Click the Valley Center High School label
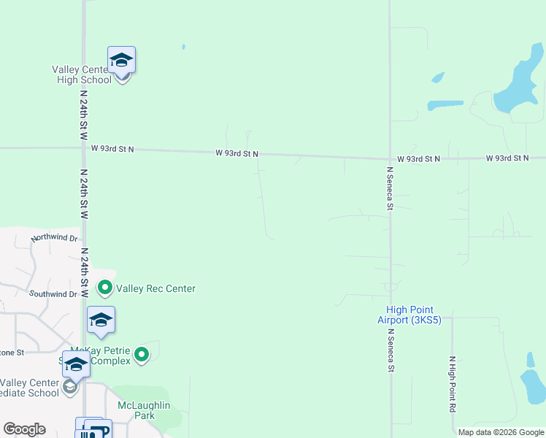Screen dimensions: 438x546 [x=81, y=74]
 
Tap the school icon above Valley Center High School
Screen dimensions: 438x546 [x=122, y=59]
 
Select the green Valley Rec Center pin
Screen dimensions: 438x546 [x=105, y=288]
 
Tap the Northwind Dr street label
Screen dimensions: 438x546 [x=54, y=238]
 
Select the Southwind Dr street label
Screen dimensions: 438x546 [x=53, y=293]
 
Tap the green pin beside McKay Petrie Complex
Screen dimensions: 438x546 [x=142, y=355]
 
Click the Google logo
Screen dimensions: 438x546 [x=24, y=429]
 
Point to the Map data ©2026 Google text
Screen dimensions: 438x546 [x=501, y=432]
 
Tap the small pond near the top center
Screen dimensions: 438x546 [x=183, y=47]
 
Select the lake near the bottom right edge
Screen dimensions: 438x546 [x=534, y=383]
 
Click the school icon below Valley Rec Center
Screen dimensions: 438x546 [x=101, y=320]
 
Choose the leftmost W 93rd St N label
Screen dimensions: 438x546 [x=112, y=148]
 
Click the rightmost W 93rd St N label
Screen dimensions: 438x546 [x=507, y=158]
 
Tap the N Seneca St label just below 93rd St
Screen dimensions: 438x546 [x=390, y=189]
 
